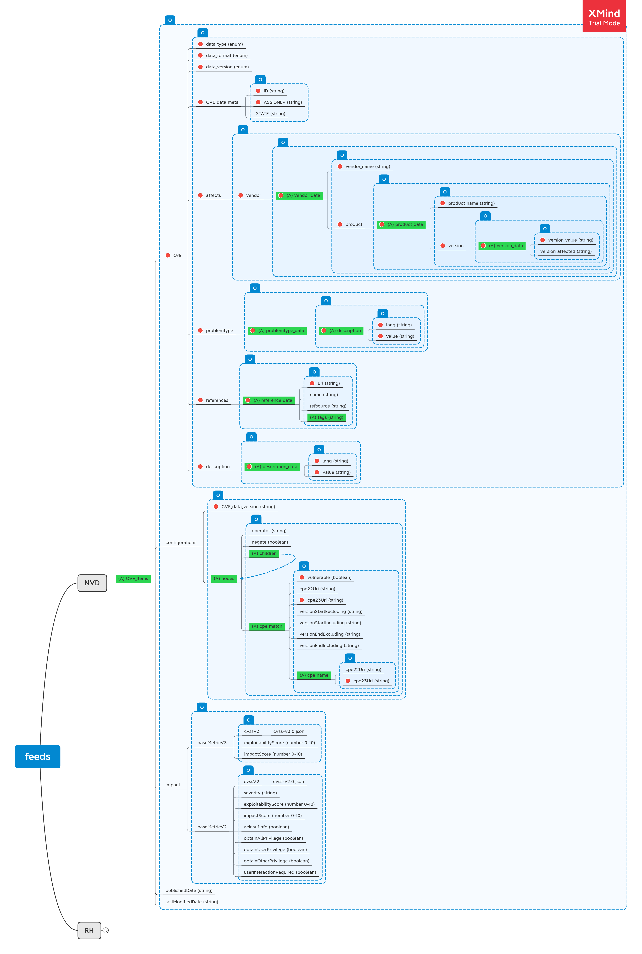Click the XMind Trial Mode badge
[604, 17]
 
